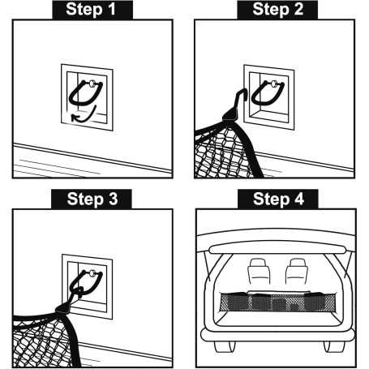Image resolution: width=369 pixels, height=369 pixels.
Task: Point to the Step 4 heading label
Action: tap(277, 200)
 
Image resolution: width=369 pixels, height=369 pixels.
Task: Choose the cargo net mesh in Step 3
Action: tap(41, 337)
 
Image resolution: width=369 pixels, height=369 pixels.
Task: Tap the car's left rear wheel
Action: tap(221, 346)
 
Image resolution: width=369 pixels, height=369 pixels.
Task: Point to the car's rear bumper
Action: tap(277, 333)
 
